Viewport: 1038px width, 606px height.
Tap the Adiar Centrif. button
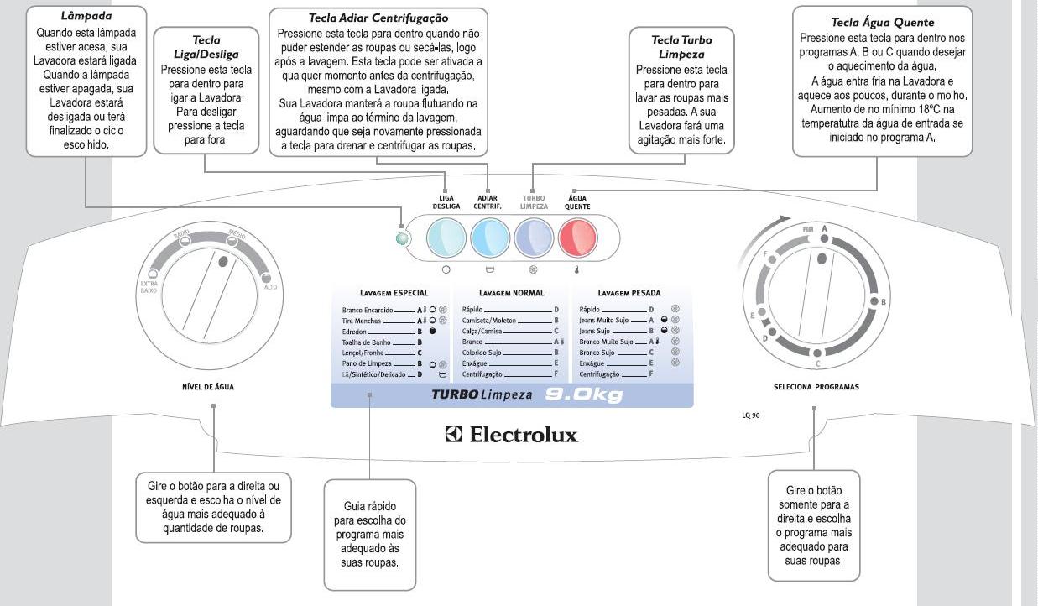[488, 239]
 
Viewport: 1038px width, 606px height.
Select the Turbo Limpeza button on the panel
[533, 239]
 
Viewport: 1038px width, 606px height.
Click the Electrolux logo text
[512, 435]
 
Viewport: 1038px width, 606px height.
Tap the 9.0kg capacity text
[585, 394]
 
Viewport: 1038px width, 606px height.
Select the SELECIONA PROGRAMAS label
[816, 387]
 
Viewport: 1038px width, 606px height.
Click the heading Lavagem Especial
[394, 293]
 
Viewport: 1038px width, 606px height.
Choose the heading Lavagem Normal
[511, 293]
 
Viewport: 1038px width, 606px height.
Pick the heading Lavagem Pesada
[629, 293]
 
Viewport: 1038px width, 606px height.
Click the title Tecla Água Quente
[882, 23]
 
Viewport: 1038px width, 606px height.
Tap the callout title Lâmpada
[86, 16]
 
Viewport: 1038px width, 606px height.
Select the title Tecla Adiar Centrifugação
[378, 18]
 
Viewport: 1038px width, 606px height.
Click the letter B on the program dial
[883, 301]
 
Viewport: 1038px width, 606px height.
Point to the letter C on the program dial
[817, 364]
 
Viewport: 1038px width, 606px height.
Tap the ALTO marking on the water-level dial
[271, 287]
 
